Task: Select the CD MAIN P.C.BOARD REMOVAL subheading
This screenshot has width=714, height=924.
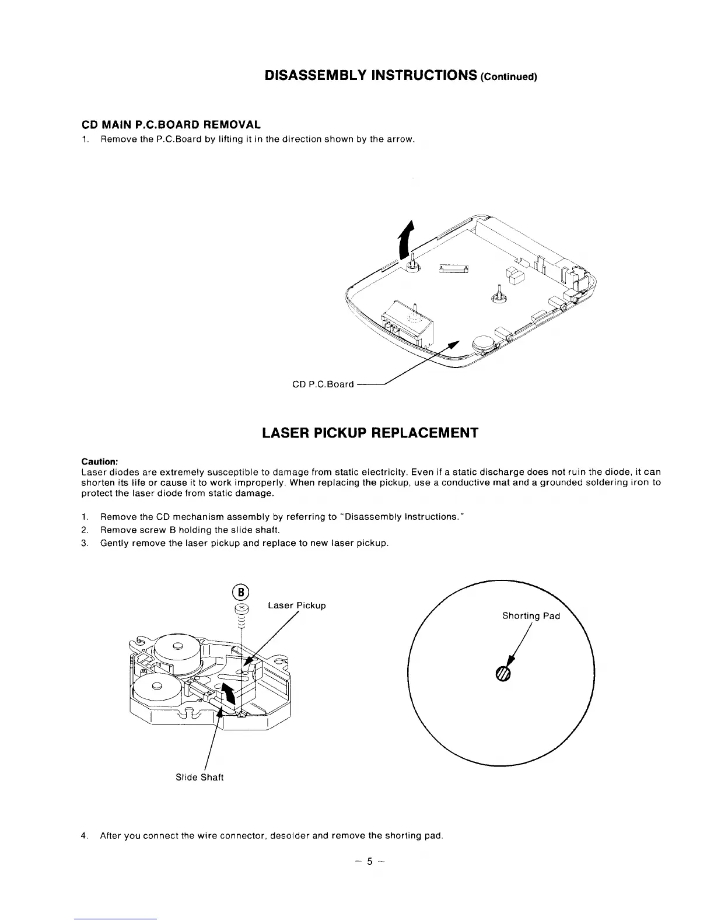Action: (x=170, y=125)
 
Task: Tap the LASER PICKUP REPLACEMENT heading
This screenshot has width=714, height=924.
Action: (x=370, y=433)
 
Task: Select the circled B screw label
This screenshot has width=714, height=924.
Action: (x=241, y=592)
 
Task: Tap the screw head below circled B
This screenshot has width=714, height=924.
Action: (x=241, y=609)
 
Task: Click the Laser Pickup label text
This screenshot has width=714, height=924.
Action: (x=296, y=605)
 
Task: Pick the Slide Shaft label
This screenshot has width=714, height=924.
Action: (x=199, y=778)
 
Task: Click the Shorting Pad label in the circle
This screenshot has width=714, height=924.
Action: (x=531, y=616)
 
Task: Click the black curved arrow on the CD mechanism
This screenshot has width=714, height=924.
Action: (x=229, y=694)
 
